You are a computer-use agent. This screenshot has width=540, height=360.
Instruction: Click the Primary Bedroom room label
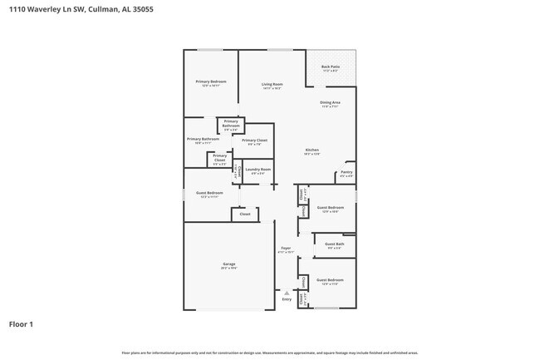[x=210, y=81]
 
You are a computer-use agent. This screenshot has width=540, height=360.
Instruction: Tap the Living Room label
[x=272, y=84]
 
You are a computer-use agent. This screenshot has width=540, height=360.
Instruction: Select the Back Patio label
[x=330, y=67]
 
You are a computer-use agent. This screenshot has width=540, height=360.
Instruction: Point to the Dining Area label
[x=330, y=102]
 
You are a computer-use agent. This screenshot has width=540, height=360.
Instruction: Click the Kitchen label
[x=312, y=150]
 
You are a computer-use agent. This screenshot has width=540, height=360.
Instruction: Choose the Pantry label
[x=347, y=172]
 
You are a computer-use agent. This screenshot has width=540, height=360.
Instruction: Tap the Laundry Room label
[x=258, y=170]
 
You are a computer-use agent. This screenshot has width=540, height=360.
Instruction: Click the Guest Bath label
[x=335, y=244]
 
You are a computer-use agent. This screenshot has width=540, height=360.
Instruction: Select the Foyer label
[x=284, y=249]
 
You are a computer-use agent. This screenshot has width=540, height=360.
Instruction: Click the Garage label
[x=228, y=264]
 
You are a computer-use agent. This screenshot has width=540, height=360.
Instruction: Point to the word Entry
[x=287, y=299]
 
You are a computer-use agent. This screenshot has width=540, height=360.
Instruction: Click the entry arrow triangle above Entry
[x=287, y=293]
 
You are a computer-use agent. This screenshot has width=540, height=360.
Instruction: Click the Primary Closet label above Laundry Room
[x=255, y=141]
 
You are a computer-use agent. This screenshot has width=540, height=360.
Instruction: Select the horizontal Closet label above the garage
[x=244, y=214]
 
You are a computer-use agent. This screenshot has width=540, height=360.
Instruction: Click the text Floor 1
[x=21, y=324]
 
